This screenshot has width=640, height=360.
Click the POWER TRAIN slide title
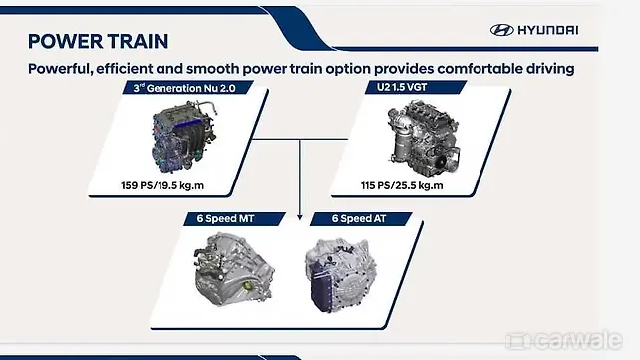click(x=98, y=41)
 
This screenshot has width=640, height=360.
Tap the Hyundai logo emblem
click(x=501, y=30)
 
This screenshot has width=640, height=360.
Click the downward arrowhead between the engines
click(x=300, y=214)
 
